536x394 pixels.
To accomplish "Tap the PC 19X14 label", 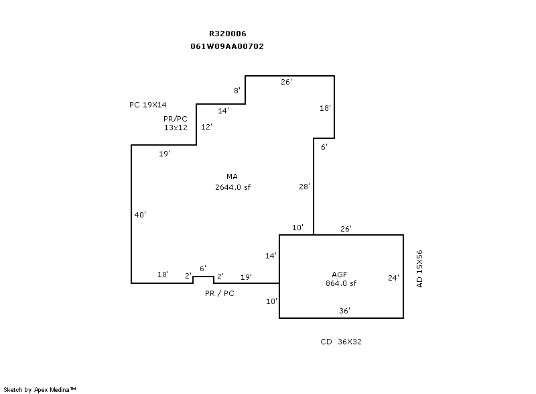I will [148, 105].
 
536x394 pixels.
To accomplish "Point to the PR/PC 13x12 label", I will [176, 123].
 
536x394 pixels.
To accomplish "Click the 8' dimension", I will [237, 91].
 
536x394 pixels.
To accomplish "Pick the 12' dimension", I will [206, 127].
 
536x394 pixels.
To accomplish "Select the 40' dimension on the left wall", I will [140, 215].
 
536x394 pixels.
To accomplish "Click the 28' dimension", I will [304, 187].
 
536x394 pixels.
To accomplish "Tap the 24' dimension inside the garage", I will [394, 277].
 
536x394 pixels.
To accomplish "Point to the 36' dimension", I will [344, 310].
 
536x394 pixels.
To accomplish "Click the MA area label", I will [232, 177].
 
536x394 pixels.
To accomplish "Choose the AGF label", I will [340, 274].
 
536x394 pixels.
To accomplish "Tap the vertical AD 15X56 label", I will [420, 268].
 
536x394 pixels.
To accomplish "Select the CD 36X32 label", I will [341, 342].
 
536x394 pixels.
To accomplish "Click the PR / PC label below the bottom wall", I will [220, 293].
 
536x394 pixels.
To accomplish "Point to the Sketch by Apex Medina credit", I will [40, 389].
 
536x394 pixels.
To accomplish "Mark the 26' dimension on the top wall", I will [286, 82].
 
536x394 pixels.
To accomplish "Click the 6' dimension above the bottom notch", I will [203, 268].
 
